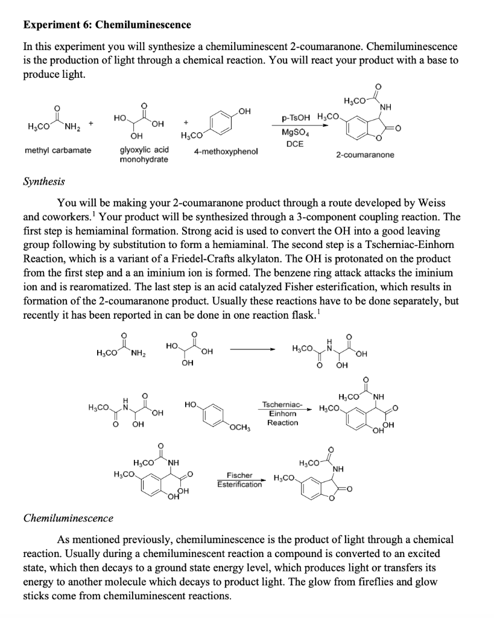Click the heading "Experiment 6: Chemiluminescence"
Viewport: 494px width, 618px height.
(107, 25)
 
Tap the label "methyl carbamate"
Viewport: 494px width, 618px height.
(58, 150)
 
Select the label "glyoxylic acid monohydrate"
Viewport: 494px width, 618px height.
(144, 154)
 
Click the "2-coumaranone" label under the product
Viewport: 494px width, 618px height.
(366, 155)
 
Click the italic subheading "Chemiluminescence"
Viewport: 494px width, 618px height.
(68, 518)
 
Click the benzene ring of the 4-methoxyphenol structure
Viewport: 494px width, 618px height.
(222, 128)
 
